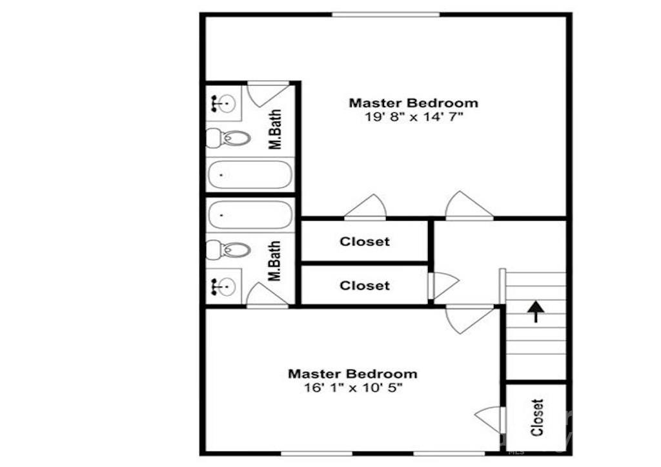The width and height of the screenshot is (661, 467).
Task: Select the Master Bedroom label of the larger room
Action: click(x=414, y=103)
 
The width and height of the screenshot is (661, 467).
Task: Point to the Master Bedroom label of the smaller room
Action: click(x=352, y=373)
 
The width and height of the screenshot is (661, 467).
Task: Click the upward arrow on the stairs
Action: click(x=535, y=311)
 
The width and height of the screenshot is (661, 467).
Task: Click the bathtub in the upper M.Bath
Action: click(x=250, y=174)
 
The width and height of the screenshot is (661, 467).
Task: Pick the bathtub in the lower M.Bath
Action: click(x=250, y=214)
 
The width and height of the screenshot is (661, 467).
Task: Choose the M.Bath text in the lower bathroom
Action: click(x=276, y=262)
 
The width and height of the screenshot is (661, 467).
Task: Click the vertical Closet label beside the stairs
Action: click(x=538, y=417)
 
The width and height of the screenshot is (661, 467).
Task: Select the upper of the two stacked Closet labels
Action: click(x=365, y=242)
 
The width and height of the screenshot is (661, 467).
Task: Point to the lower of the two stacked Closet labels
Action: click(x=365, y=285)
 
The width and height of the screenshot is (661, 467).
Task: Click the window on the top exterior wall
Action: click(x=385, y=14)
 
